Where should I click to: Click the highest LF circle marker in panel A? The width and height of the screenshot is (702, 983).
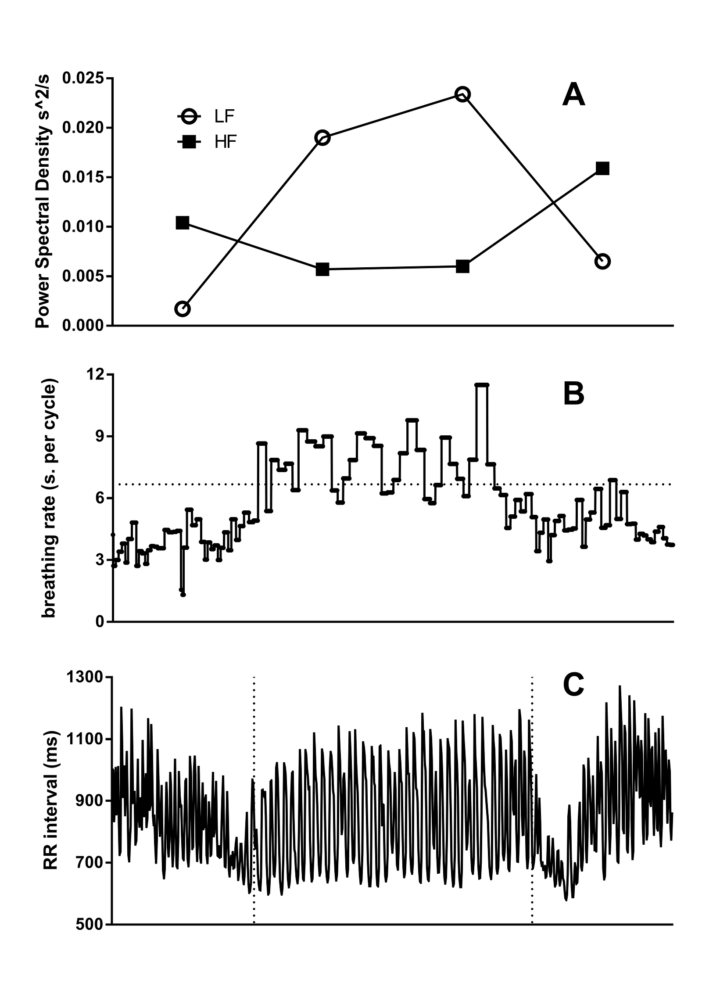coord(462,94)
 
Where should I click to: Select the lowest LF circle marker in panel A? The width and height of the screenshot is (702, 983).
coord(183,309)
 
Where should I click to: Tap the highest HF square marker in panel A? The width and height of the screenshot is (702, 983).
coord(602,169)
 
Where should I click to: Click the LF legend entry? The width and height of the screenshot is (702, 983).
coord(206,117)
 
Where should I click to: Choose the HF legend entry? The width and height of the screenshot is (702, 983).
coord(206,142)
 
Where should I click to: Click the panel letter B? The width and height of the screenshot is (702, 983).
coord(573,394)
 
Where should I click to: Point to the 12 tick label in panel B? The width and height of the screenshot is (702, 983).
coord(98,375)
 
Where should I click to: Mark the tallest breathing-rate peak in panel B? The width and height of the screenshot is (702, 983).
coord(482,385)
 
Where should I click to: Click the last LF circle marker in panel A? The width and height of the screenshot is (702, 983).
coord(602,262)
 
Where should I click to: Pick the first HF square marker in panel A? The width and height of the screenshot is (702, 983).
coord(183,223)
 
